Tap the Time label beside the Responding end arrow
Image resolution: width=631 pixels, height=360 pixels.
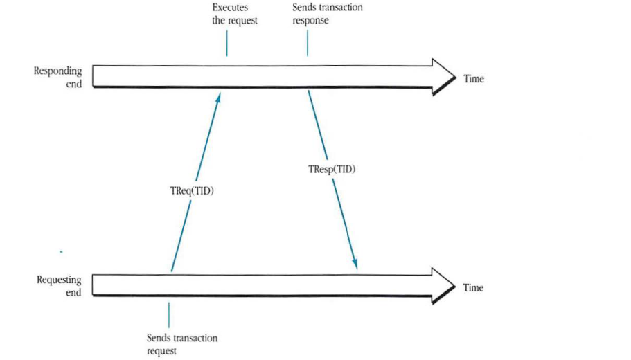point(474,79)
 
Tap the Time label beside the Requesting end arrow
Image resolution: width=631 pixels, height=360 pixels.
point(474,287)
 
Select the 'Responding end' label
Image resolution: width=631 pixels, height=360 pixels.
point(58,77)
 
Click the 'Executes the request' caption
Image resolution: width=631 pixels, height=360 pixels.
point(234,14)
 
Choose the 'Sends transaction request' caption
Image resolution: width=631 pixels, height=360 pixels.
point(181,344)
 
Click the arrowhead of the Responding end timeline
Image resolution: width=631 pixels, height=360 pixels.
point(442,76)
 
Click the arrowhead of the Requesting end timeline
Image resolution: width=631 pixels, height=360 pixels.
point(442,285)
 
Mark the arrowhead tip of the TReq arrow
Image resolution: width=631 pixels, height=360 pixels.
point(220,96)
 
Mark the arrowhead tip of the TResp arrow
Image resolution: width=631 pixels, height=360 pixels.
point(356,267)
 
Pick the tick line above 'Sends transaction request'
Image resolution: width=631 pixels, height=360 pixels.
point(169,315)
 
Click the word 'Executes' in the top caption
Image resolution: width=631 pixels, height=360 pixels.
point(230,8)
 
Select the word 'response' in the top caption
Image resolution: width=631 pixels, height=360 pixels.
point(310,21)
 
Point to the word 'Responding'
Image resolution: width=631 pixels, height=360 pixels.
point(58,71)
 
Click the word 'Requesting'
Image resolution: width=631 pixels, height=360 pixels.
point(59,280)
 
